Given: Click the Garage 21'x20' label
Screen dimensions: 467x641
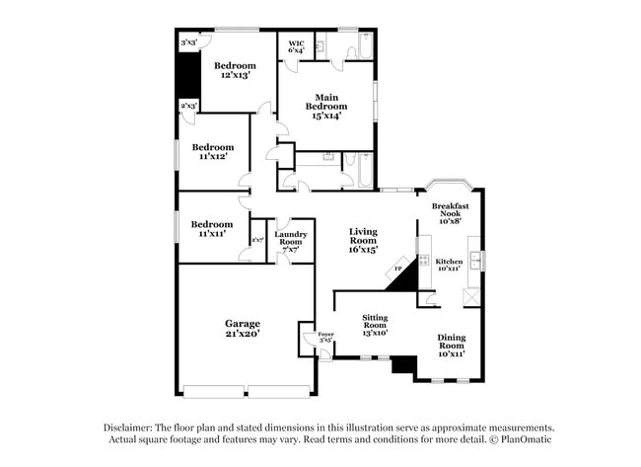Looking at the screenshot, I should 242,329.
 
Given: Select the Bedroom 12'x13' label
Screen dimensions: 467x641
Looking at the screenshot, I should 236,70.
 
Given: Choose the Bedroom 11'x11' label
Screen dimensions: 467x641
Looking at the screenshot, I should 212,229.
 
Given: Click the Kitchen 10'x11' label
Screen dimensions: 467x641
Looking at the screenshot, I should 449,265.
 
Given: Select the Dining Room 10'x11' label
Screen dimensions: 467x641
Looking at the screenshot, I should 451,346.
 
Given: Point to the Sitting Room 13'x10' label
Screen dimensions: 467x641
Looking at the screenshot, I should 374,326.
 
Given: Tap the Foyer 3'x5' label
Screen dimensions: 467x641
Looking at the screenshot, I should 325,338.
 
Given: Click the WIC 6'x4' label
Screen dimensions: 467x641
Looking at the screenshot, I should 296,46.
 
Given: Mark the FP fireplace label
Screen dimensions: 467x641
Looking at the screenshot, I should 398,268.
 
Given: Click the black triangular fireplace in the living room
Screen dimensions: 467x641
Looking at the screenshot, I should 406,274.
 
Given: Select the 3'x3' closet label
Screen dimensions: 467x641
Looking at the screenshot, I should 188,43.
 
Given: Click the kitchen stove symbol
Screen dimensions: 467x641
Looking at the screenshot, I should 423,261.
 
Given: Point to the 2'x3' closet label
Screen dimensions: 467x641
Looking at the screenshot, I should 187,105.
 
